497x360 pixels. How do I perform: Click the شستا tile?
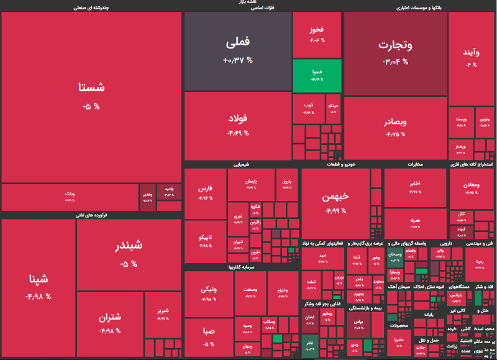(x=91, y=96)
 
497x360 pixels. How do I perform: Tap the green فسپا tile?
(x=317, y=75)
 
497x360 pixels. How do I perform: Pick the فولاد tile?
(x=238, y=124)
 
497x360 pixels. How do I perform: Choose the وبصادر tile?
(x=395, y=127)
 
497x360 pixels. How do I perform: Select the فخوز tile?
(x=317, y=34)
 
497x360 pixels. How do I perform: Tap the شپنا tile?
(x=39, y=286)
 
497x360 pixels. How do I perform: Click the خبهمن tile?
(x=335, y=202)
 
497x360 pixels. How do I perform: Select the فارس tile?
(x=205, y=193)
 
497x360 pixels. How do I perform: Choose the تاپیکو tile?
(x=205, y=242)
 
